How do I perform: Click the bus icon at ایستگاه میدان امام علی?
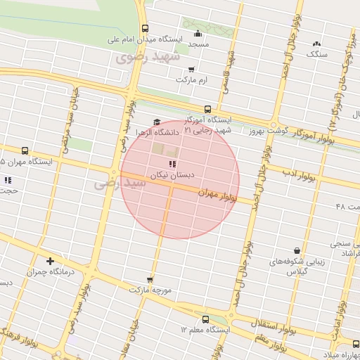(x=145, y=29)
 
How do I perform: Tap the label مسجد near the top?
(x=198, y=44)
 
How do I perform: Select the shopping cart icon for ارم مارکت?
(x=192, y=70)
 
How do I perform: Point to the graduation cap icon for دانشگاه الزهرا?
(x=156, y=122)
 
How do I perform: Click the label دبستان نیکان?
(x=165, y=173)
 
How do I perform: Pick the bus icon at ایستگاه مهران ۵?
(x=25, y=150)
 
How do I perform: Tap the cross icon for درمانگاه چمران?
(x=49, y=261)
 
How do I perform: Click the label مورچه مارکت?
(x=149, y=289)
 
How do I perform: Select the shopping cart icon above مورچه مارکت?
(x=149, y=279)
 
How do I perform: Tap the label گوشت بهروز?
(x=265, y=131)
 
